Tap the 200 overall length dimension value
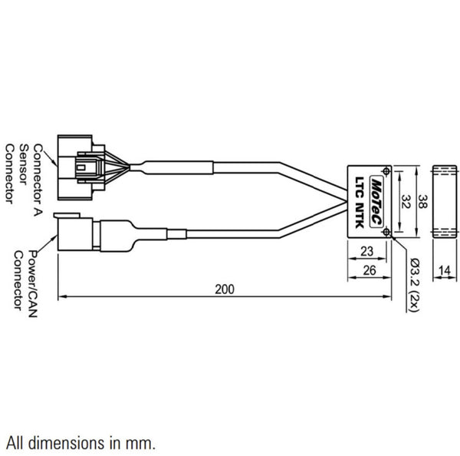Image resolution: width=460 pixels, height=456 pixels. [224, 289]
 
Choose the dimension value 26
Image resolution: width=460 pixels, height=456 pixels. [367, 269]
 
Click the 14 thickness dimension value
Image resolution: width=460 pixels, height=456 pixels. [445, 269]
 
